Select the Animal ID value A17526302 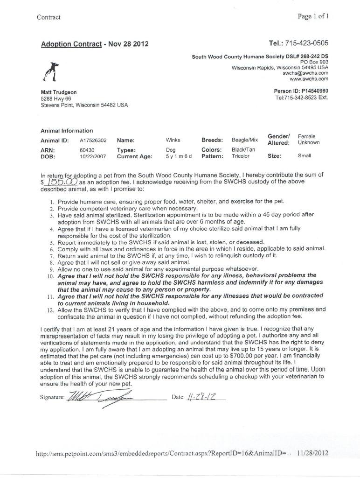coord(93,140)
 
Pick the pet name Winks coord(173,140)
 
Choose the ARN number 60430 coord(87,150)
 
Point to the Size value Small coord(305,156)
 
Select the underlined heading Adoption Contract coord(71,44)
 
